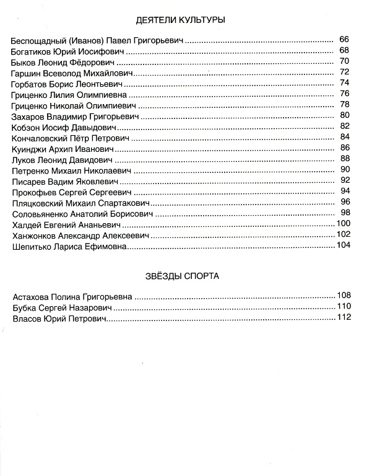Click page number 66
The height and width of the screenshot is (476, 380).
tap(345, 40)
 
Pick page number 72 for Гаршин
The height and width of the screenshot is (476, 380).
tap(345, 73)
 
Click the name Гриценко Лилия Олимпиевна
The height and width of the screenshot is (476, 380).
tap(69, 94)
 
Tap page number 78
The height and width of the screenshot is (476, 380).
tap(345, 105)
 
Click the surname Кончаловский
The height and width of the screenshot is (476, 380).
tap(41, 137)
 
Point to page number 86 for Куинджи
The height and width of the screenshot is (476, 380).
tap(345, 148)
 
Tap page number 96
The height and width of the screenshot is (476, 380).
tap(345, 201)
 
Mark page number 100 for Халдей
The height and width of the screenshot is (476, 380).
tap(343, 223)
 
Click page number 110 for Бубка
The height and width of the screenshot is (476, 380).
tap(343, 307)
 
